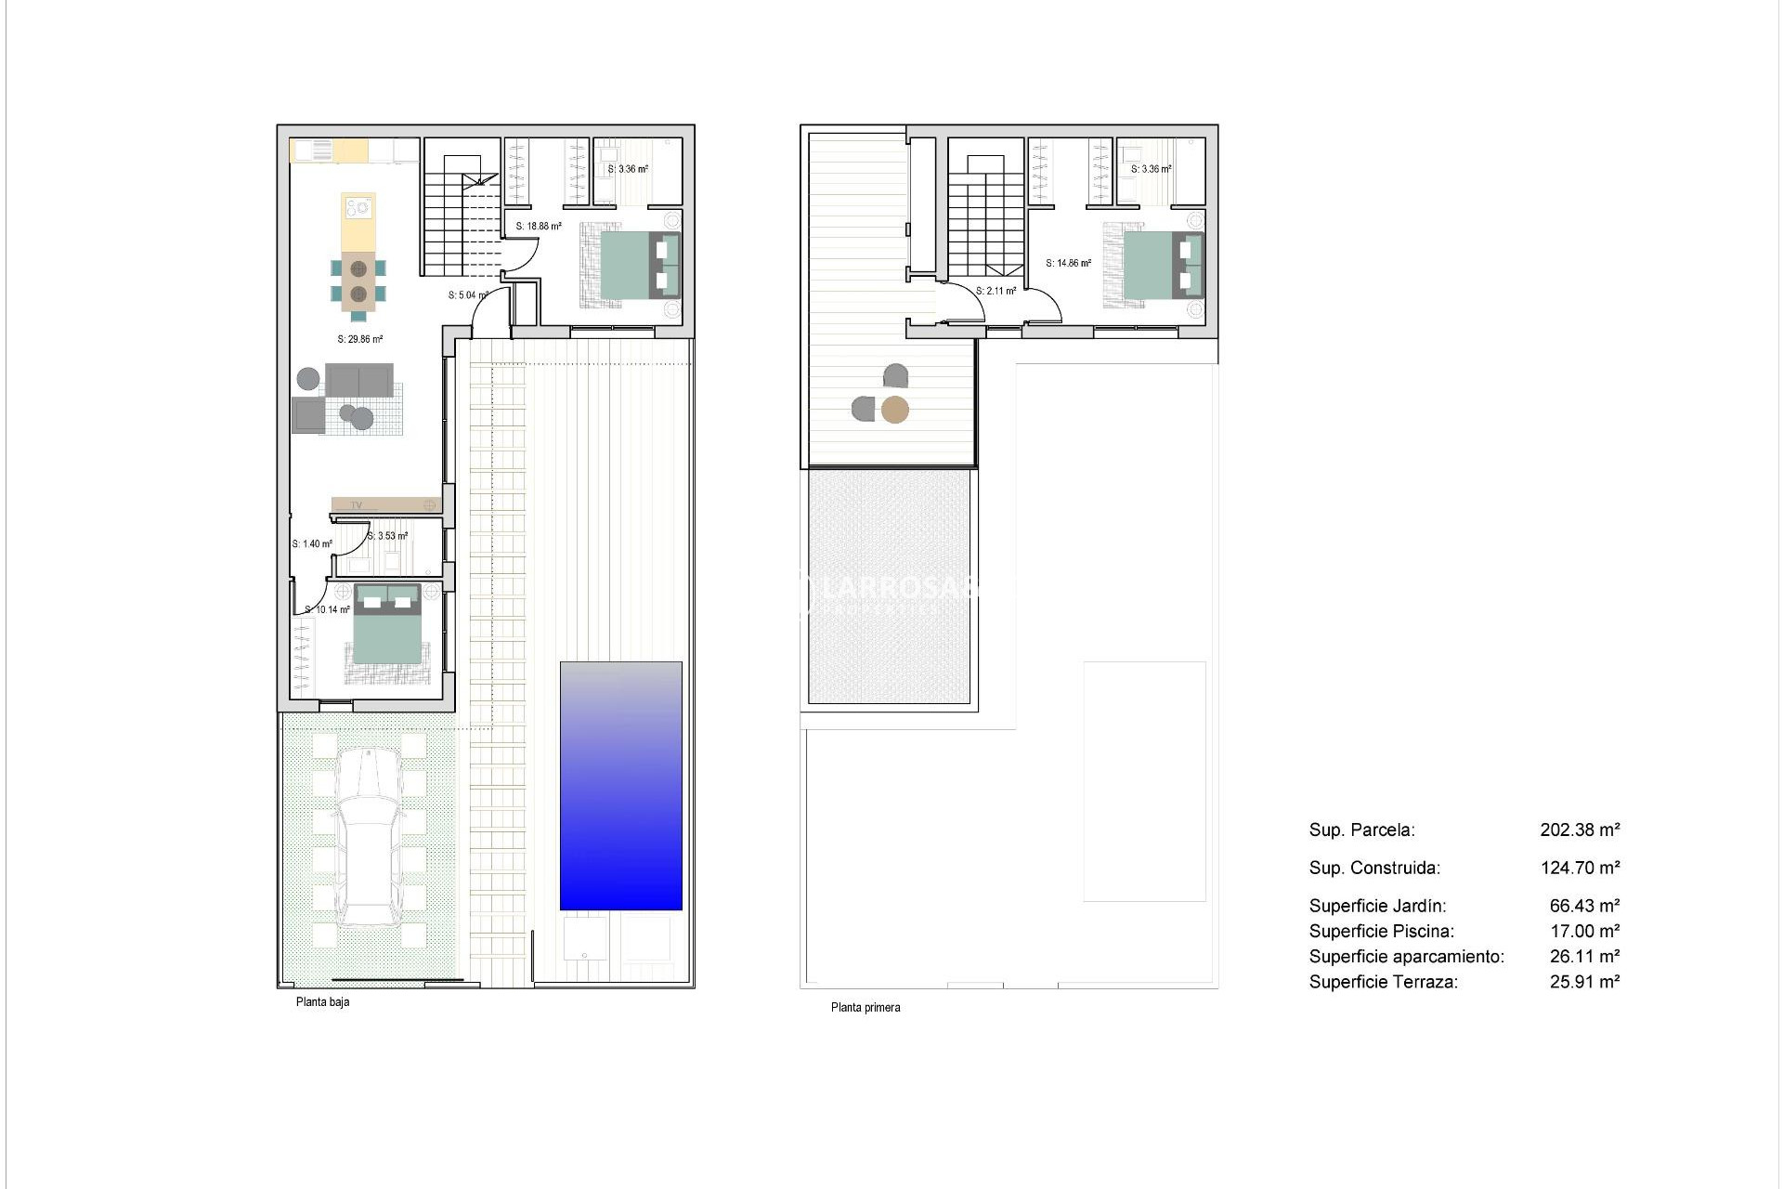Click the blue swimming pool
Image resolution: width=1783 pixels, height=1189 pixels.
pos(620,786)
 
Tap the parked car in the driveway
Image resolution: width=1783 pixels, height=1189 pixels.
pos(369,836)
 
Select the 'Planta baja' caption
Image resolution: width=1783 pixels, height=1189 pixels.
pos(322,1002)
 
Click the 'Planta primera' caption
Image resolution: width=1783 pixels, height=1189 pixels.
pos(865,1007)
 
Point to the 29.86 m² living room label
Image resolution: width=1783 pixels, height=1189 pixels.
pos(360,339)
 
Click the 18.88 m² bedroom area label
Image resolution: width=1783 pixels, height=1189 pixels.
pos(539,226)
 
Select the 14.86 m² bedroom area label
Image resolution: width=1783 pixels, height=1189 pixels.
pos(1068,263)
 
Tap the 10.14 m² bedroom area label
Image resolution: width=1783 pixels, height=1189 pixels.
pos(328,610)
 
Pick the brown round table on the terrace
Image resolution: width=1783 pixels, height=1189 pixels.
pos(894,410)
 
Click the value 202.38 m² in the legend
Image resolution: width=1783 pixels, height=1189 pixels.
pos(1580,830)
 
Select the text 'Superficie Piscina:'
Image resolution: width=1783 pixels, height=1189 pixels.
pos(1381,931)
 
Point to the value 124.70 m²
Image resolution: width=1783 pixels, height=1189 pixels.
pos(1580,868)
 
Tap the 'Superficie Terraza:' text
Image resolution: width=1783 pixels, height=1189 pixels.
pos(1383,982)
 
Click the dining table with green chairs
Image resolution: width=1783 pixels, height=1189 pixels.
pos(358,281)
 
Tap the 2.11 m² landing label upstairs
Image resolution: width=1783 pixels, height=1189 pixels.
pos(996,291)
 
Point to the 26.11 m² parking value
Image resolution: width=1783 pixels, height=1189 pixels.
pos(1584,956)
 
